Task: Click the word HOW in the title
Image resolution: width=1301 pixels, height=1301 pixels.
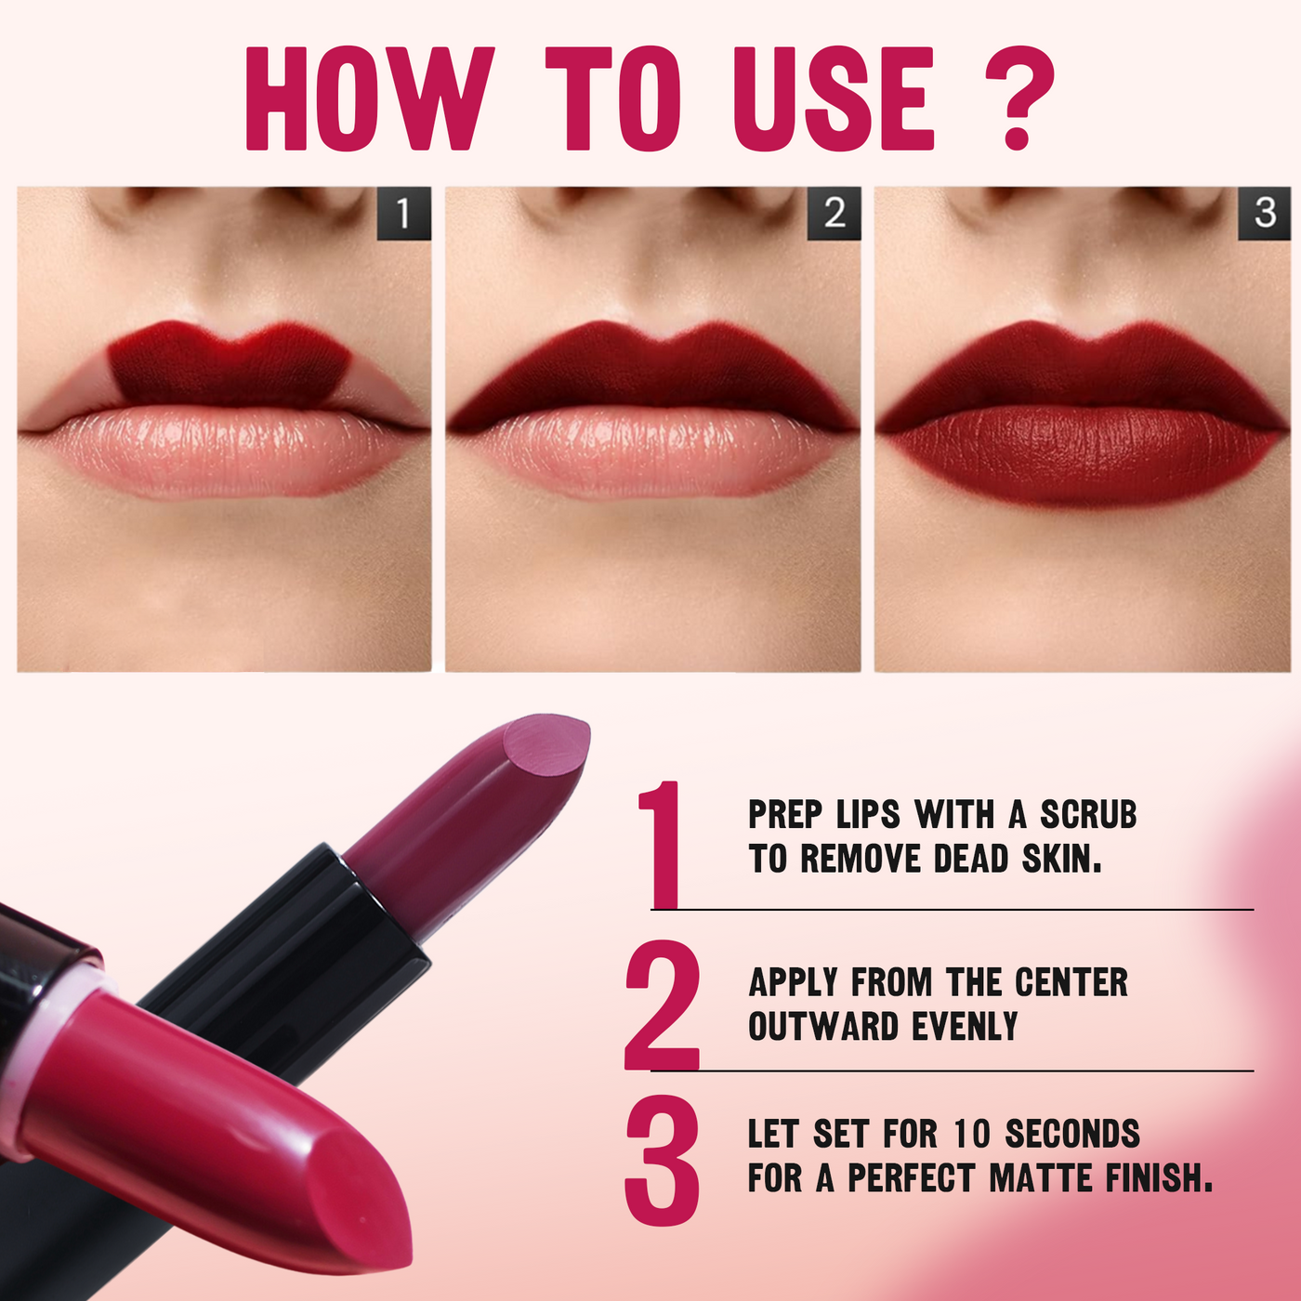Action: tap(369, 99)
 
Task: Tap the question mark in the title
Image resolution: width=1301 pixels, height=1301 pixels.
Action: tap(1019, 98)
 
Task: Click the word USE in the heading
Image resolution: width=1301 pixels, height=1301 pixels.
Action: tap(834, 99)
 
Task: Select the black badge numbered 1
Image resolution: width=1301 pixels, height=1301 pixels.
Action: tap(403, 214)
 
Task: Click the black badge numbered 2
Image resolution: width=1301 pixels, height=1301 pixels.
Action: tap(834, 214)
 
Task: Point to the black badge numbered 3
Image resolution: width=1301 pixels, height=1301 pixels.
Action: tap(1264, 214)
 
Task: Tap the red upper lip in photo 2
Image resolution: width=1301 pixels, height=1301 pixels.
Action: tap(651, 378)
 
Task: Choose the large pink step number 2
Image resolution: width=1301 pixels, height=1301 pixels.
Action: tap(662, 1005)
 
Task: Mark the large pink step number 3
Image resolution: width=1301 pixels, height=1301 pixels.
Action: tap(662, 1161)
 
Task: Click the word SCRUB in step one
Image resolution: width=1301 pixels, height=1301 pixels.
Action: tap(1088, 815)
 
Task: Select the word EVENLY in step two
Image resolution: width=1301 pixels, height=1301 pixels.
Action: tap(965, 1027)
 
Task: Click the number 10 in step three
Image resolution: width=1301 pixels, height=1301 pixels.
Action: tap(971, 1134)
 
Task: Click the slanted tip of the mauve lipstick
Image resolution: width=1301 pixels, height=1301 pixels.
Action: tap(546, 743)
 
